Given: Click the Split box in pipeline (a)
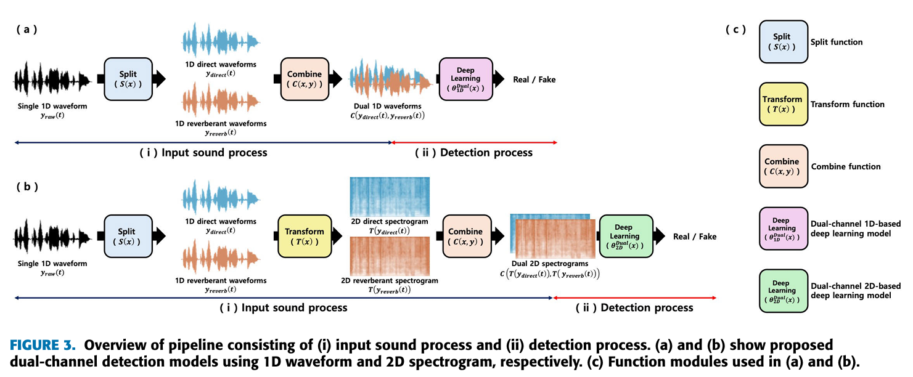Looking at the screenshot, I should click(x=128, y=79).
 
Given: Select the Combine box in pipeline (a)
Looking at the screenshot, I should click(x=305, y=79).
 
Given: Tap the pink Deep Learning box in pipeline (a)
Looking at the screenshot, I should click(x=466, y=79).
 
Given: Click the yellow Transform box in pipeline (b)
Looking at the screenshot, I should click(x=301, y=236).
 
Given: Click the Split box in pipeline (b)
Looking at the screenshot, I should click(x=128, y=236).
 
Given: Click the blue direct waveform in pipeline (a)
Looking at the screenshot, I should click(x=220, y=41).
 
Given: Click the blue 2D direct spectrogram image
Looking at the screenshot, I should click(x=390, y=197).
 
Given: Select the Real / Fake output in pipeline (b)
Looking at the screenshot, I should click(x=695, y=237).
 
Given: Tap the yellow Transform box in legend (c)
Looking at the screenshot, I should click(x=782, y=103).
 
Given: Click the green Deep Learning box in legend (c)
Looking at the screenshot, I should click(x=782, y=291).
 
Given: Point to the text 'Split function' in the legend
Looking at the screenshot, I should click(x=837, y=42).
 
